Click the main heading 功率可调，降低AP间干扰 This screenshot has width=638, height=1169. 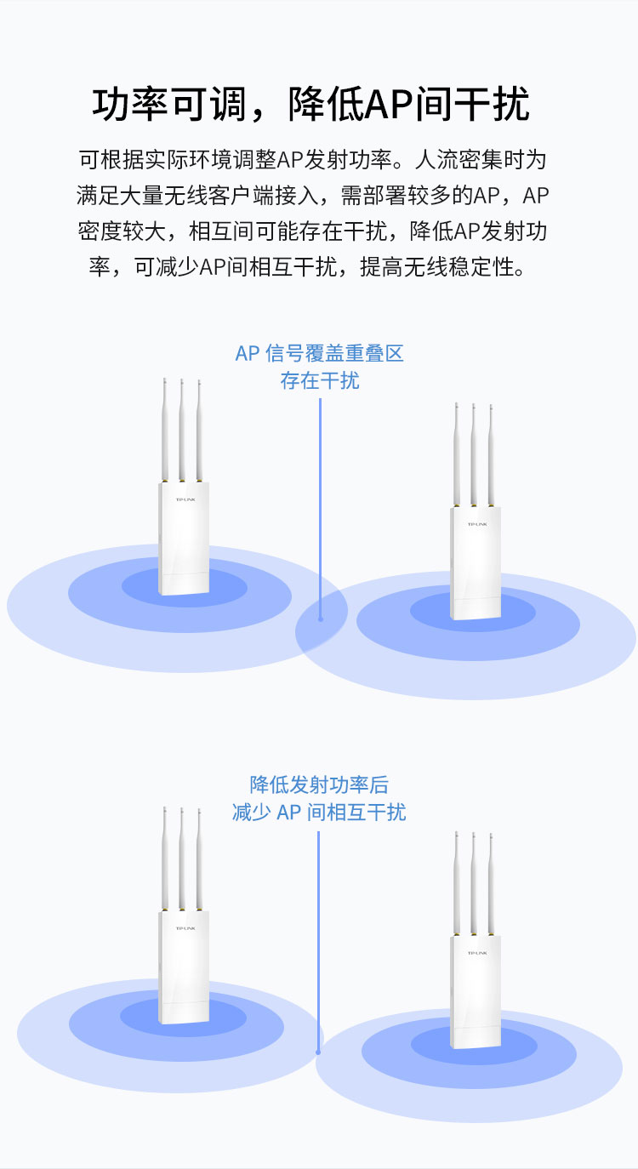[311, 105]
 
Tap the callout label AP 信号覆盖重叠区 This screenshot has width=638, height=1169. [319, 353]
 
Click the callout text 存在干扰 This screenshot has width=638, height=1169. [320, 380]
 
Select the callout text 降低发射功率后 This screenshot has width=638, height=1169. [319, 784]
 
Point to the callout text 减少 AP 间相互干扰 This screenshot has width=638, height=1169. [319, 812]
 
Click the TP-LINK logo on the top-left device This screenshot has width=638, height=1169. [184, 500]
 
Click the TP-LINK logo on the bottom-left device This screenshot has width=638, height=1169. [184, 928]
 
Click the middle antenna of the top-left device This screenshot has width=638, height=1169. [181, 430]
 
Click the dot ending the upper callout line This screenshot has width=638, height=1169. [321, 619]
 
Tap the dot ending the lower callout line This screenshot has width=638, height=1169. [319, 1051]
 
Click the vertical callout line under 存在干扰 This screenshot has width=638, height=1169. [321, 502]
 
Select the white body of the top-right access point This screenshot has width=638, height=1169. [476, 566]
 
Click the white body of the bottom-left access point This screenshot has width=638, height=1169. [183, 970]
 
